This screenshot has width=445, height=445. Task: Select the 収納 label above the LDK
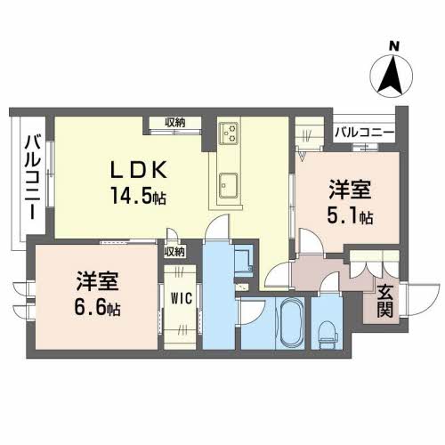[175, 123]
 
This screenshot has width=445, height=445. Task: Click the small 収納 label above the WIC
[174, 252]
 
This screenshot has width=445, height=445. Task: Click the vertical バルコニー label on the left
[30, 177]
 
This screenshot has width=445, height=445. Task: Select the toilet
[328, 331]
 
